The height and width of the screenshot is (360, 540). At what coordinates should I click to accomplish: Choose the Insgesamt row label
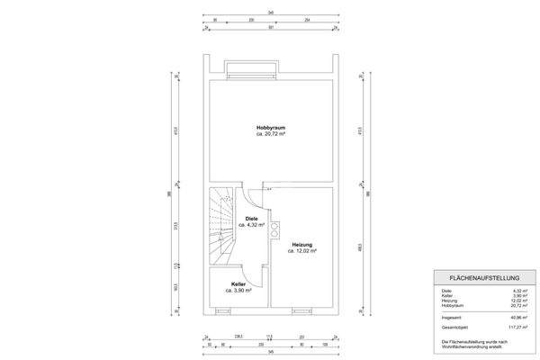coord(452,317)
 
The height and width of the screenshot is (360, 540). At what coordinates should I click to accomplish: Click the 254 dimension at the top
coord(308,19)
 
